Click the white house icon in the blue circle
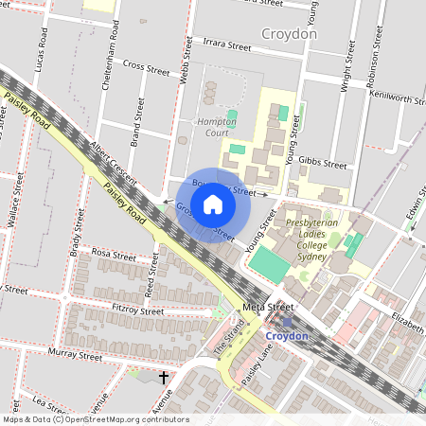click(x=213, y=204)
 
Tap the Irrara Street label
click(x=227, y=44)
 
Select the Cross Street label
click(x=146, y=67)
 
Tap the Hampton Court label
click(x=216, y=127)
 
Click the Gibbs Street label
click(x=323, y=163)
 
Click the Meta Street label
click(x=268, y=308)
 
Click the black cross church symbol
click(x=164, y=378)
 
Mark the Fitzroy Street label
click(x=138, y=311)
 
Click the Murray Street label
click(x=76, y=357)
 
